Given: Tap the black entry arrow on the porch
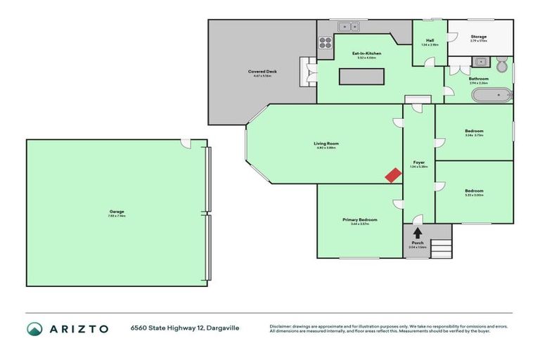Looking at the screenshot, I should [417, 232].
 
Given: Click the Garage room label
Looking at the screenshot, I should [117, 211].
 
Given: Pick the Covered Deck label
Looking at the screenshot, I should [261, 72].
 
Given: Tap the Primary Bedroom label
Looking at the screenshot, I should [359, 220].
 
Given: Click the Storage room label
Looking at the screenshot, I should [478, 37].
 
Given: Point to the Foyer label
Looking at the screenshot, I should [418, 162].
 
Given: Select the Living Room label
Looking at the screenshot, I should [326, 143].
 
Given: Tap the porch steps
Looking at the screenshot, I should [440, 248].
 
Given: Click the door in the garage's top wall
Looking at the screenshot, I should [186, 143].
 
